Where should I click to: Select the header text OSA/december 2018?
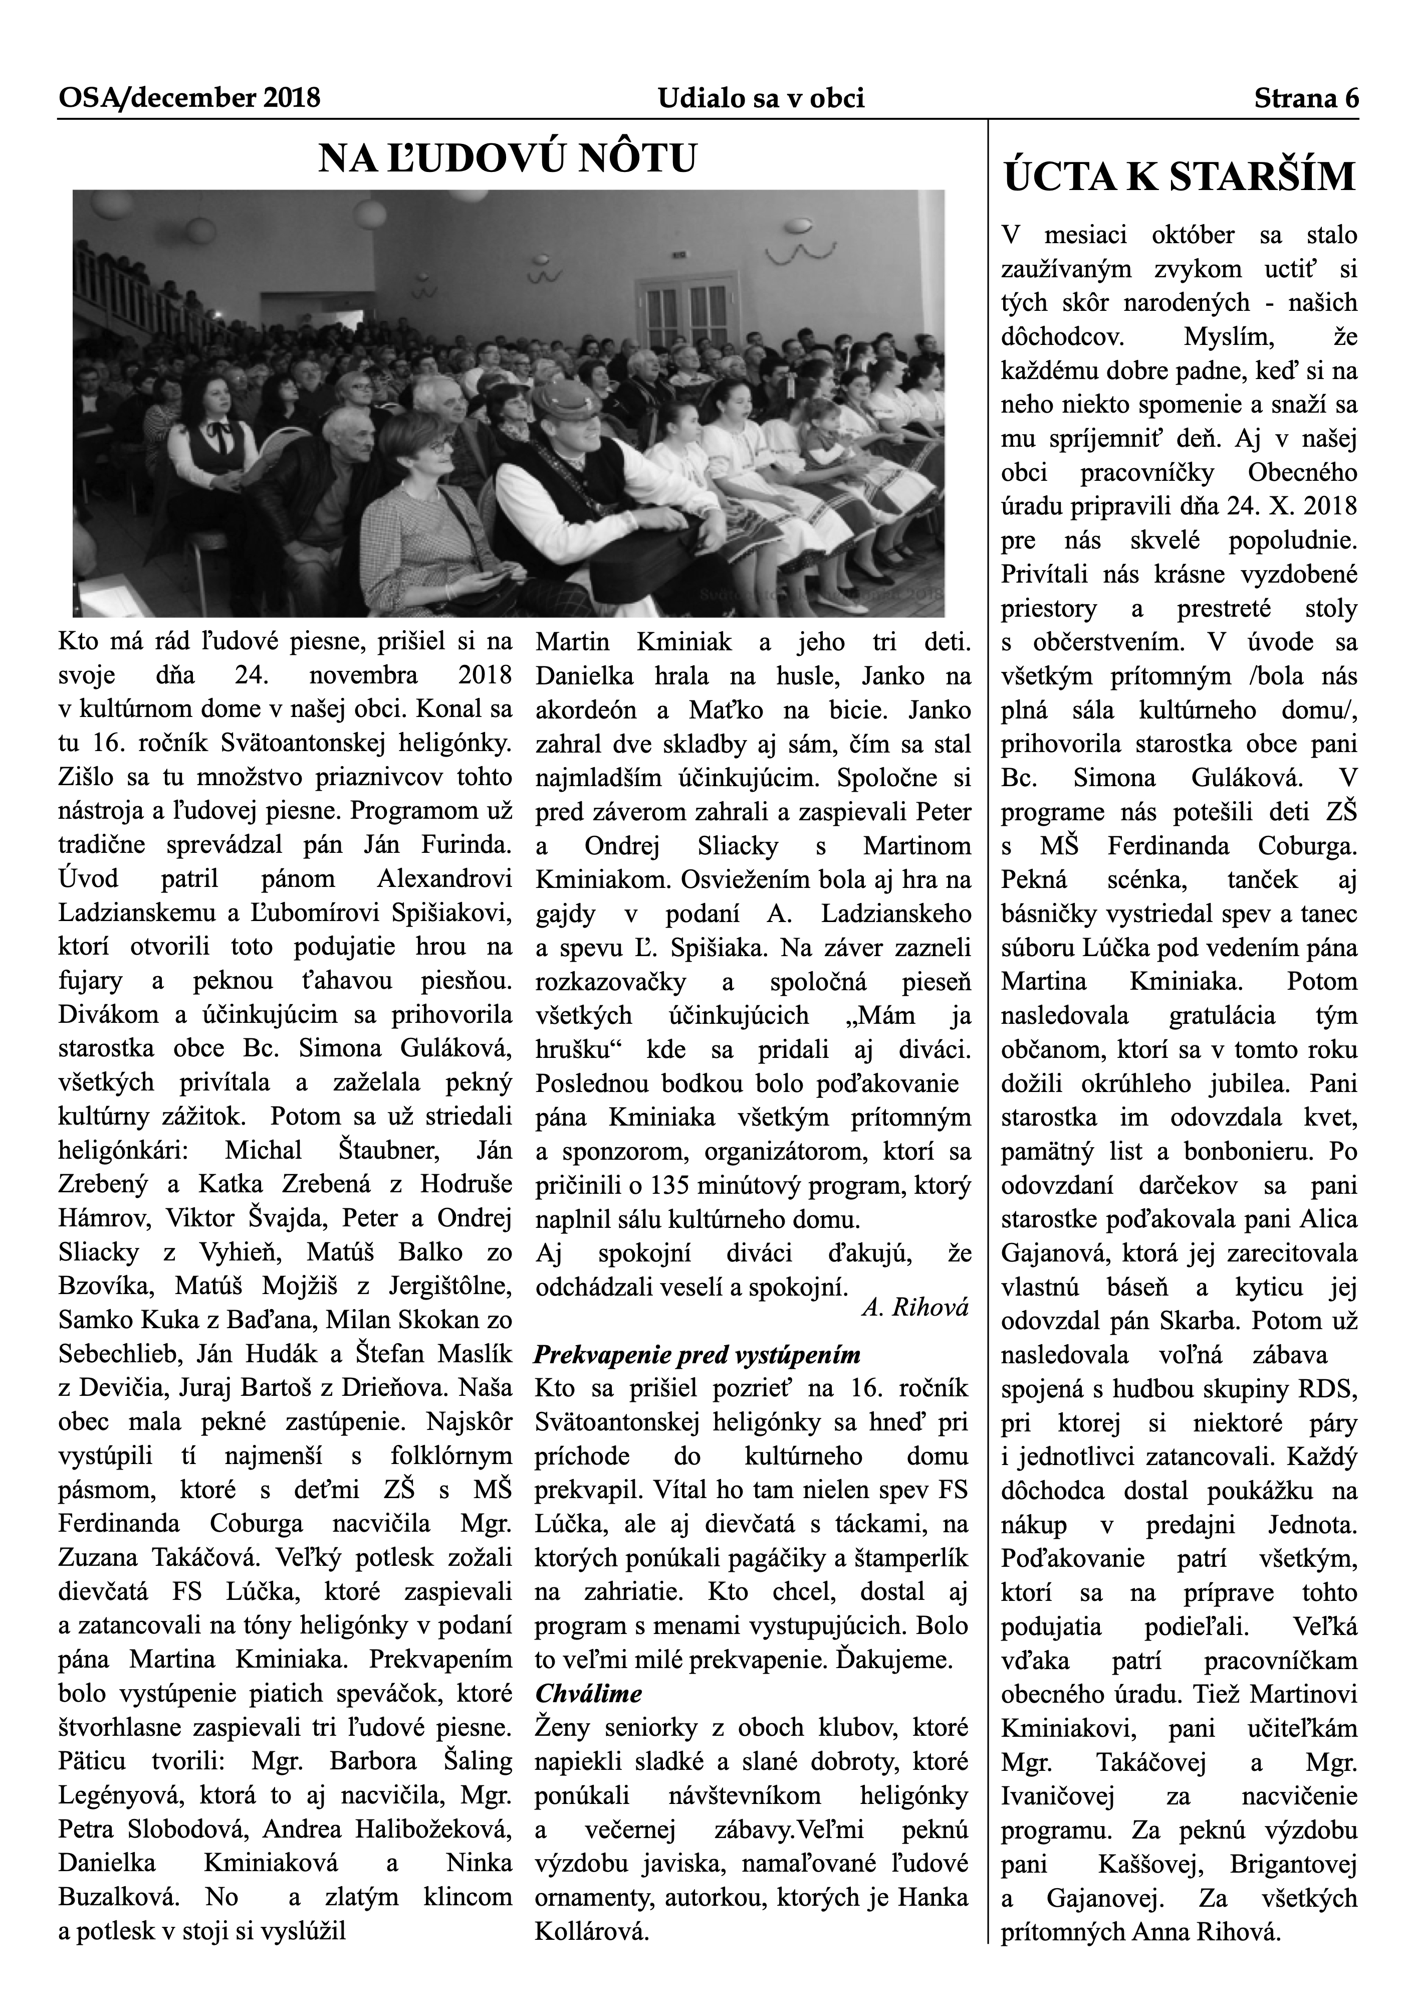(189, 98)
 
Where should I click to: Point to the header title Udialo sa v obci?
(761, 98)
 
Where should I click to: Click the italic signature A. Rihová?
(915, 1308)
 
